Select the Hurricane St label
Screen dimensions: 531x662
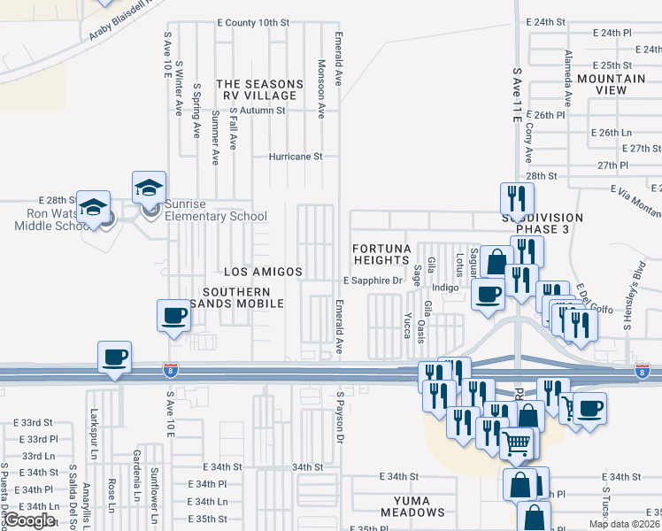(296, 157)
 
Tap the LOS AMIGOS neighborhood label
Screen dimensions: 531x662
(263, 272)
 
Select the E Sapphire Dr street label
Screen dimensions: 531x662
(373, 281)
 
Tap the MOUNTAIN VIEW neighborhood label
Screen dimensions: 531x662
(613, 84)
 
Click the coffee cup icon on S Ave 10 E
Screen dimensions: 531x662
(173, 316)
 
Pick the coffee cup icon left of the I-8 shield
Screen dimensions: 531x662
(114, 358)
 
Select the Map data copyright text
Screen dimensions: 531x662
(625, 524)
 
